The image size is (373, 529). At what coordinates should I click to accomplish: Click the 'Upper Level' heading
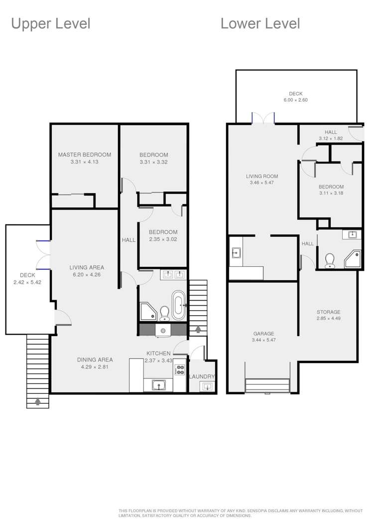click(x=50, y=23)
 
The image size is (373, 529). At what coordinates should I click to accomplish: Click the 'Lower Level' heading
click(x=260, y=23)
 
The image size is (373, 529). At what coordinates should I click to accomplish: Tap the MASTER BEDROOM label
click(x=84, y=155)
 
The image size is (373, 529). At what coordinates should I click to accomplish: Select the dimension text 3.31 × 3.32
click(x=153, y=162)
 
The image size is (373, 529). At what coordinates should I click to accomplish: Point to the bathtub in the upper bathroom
click(x=179, y=305)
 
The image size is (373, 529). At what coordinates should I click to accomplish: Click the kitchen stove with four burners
click(x=179, y=369)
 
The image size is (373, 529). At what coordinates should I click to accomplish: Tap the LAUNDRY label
click(x=202, y=376)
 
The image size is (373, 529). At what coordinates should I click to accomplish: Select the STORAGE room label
click(x=329, y=312)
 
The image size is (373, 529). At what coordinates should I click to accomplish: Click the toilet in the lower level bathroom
click(x=329, y=260)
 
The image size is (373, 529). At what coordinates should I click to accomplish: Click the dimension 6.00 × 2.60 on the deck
click(x=296, y=100)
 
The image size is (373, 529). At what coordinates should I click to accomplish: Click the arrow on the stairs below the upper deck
click(x=38, y=400)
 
